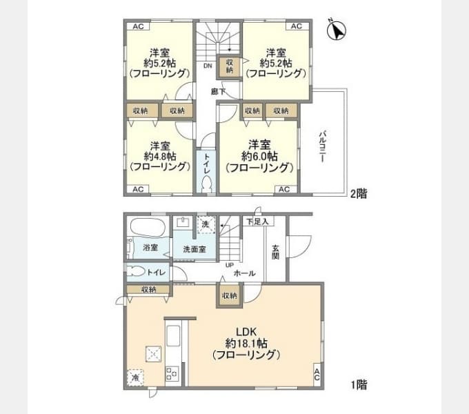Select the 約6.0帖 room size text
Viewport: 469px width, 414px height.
[259, 156]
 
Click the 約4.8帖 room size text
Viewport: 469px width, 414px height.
[159, 156]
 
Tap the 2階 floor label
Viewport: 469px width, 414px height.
[358, 194]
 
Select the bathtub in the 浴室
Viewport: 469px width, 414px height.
[145, 227]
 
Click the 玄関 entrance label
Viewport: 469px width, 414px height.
[275, 252]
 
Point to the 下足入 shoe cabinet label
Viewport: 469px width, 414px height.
[257, 221]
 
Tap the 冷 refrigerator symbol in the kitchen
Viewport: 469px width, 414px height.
[136, 378]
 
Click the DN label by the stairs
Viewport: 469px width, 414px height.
[207, 66]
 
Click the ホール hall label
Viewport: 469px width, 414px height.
[245, 273]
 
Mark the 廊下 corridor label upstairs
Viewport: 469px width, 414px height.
[218, 91]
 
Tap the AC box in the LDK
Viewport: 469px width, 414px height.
[317, 375]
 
